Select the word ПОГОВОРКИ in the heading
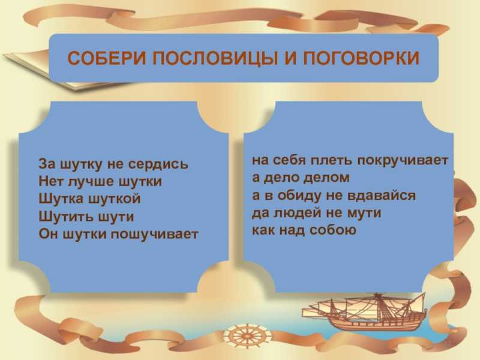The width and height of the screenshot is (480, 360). pyautogui.click(x=361, y=58)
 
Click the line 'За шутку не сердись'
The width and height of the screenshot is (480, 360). pyautogui.click(x=113, y=164)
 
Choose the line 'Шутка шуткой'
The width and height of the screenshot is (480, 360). pyautogui.click(x=89, y=199)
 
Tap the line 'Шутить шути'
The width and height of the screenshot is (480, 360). pyautogui.click(x=86, y=217)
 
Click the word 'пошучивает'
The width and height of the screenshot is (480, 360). pyautogui.click(x=154, y=235)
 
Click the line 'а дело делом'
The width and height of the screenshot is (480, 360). pyautogui.click(x=301, y=178)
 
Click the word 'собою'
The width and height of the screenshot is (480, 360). pyautogui.click(x=333, y=230)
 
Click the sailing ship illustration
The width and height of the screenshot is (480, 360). pyautogui.click(x=364, y=311)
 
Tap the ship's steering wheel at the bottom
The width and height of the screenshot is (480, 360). pyautogui.click(x=247, y=335)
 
